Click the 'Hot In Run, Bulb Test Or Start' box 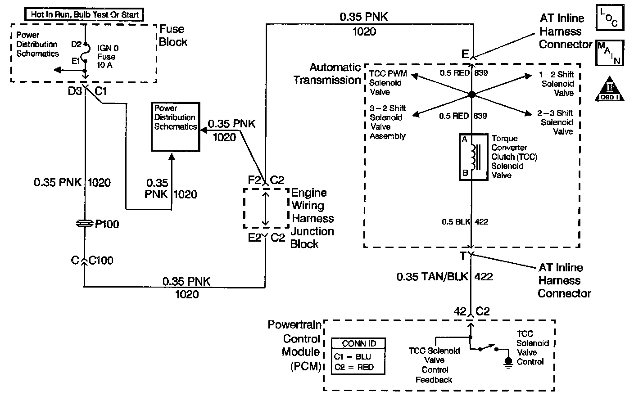84,14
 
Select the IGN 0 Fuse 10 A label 106,57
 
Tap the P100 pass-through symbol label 107,224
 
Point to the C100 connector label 101,261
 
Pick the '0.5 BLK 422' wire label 465,221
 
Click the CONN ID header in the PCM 359,343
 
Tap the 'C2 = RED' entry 354,367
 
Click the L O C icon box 610,18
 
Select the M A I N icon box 610,53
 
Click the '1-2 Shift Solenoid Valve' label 557,84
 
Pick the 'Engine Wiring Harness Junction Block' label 312,218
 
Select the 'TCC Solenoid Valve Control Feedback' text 435,365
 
